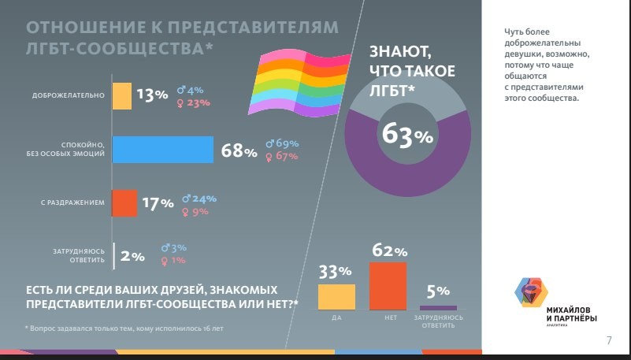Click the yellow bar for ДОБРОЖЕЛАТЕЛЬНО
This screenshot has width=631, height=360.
tap(122, 95)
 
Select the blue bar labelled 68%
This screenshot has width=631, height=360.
tap(163, 150)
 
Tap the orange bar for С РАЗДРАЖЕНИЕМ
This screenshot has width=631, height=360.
tap(124, 203)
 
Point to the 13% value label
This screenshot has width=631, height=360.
tap(152, 95)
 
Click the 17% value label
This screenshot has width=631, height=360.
tap(157, 204)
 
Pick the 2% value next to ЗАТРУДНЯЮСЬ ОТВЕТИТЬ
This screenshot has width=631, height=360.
tap(132, 256)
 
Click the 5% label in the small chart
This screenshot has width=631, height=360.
tap(438, 291)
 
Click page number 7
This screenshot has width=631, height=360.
tap(609, 341)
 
